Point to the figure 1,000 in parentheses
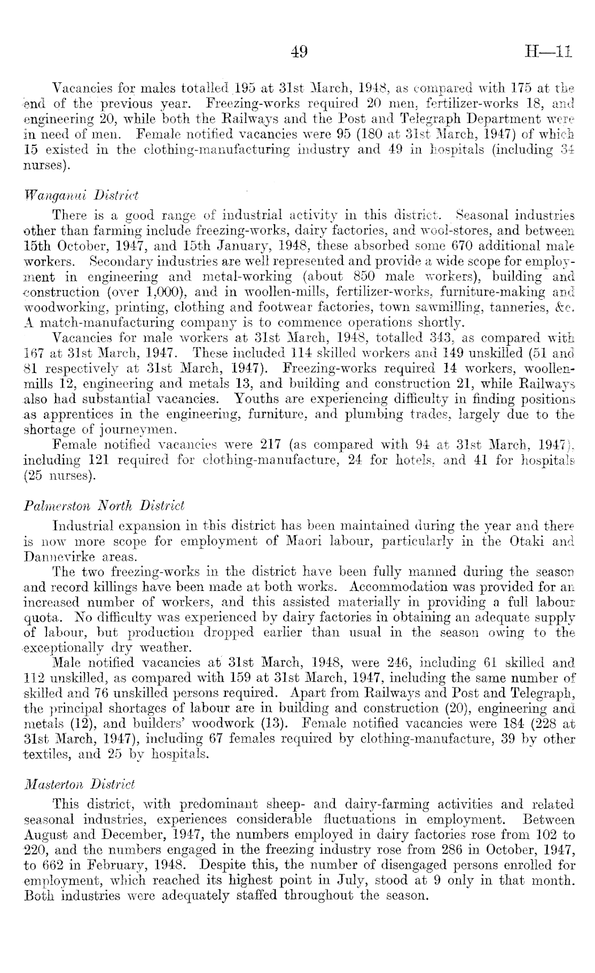(x=157, y=293)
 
